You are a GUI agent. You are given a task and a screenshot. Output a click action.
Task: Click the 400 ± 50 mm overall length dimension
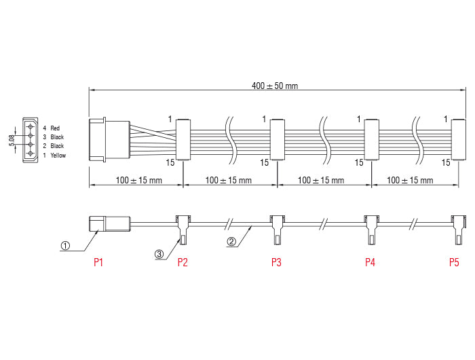click(274, 86)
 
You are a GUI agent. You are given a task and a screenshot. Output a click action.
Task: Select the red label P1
click(98, 262)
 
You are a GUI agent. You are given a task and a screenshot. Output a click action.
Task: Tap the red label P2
click(183, 262)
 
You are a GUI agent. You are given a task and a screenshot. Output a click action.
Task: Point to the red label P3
click(276, 262)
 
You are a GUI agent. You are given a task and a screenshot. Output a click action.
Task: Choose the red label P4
click(370, 262)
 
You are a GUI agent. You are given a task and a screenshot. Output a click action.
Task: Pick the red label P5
click(454, 262)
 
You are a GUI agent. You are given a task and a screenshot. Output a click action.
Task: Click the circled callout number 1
click(65, 246)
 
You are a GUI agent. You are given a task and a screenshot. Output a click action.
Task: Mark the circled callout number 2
click(231, 241)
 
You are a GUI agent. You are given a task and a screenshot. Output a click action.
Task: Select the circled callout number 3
click(159, 254)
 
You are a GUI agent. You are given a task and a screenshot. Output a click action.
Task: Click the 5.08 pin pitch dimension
click(12, 141)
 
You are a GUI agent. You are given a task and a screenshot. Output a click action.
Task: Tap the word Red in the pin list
click(55, 128)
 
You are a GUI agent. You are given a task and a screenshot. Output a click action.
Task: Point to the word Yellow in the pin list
click(58, 156)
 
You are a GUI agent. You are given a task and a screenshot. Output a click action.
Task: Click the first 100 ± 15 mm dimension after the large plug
click(138, 181)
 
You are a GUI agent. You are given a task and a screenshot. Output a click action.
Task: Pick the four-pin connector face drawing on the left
click(30, 141)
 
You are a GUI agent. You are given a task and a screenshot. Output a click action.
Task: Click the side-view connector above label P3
click(277, 227)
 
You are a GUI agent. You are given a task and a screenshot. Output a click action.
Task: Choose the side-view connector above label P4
click(370, 227)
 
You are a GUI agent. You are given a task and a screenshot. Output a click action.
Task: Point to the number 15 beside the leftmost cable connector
click(170, 162)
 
